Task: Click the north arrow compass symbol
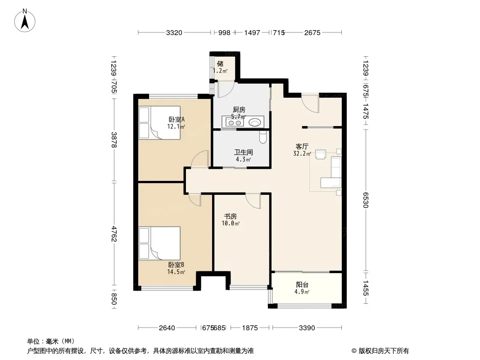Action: tap(24, 21)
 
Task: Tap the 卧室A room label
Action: tap(177, 119)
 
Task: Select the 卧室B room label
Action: tap(176, 265)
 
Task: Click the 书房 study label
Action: tap(231, 216)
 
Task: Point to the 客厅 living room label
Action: tap(302, 147)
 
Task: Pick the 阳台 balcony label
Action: tap(302, 285)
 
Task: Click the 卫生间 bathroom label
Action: tap(243, 152)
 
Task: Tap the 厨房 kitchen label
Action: tap(239, 109)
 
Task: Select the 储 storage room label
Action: tap(220, 63)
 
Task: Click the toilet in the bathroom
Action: tap(263, 137)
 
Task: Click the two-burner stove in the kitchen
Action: tap(235, 123)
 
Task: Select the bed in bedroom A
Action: tap(159, 123)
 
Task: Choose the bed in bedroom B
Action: tap(159, 243)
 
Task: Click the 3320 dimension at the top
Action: tap(174, 32)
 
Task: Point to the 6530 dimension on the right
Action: tap(366, 200)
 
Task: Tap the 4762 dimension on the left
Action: tap(113, 234)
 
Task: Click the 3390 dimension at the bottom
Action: tap(307, 328)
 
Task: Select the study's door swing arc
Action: tap(253, 201)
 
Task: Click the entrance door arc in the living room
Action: tap(310, 104)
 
